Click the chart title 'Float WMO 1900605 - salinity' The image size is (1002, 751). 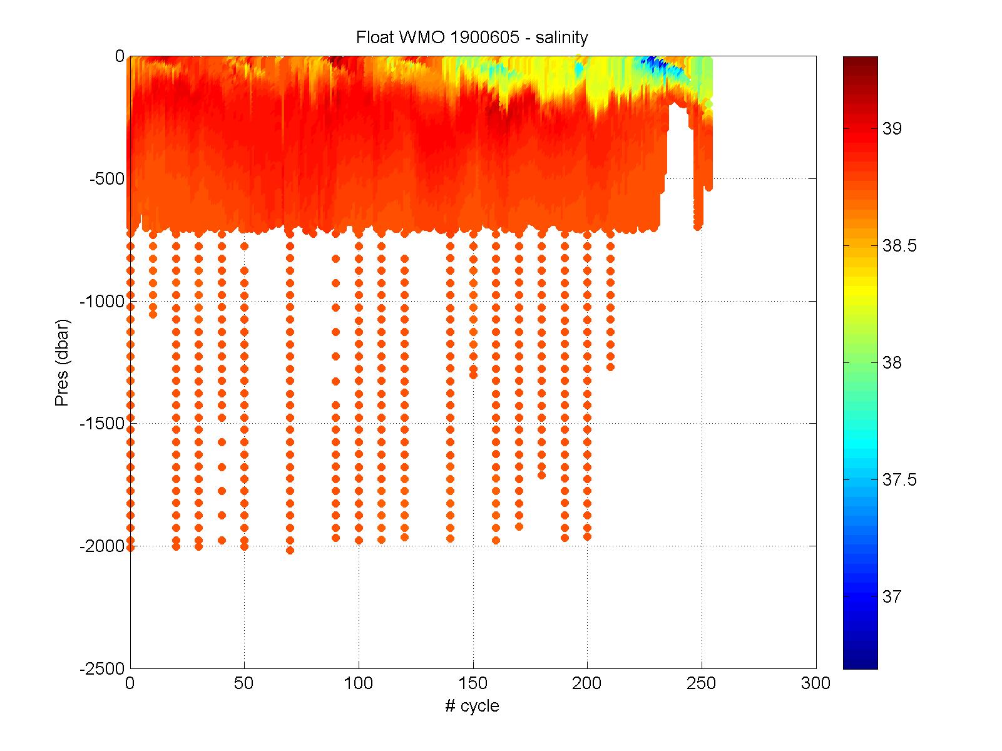click(472, 38)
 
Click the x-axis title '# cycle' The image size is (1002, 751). click(472, 707)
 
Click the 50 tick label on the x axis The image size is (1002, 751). click(244, 683)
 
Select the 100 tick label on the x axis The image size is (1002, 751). click(359, 683)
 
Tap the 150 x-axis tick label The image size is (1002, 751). click(473, 683)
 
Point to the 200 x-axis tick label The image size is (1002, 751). click(587, 683)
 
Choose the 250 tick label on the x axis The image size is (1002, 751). click(702, 683)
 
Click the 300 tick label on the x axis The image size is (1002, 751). click(815, 683)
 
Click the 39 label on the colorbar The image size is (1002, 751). click(891, 129)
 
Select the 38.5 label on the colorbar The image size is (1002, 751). click(899, 246)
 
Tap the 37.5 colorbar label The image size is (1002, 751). click(899, 480)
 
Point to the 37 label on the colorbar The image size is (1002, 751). click(891, 597)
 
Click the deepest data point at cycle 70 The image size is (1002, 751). click(290, 550)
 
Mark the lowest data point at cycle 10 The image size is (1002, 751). click(153, 314)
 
